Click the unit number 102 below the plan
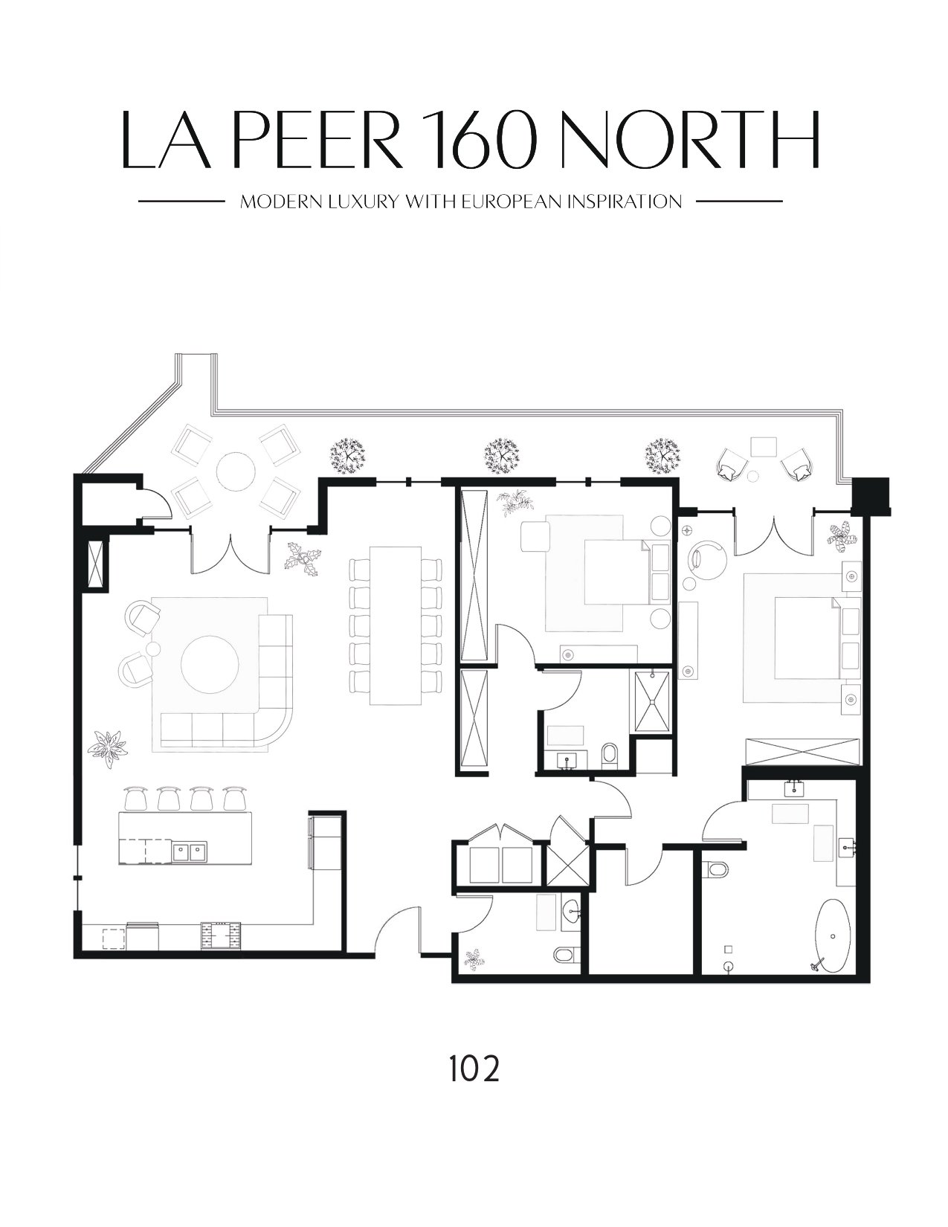pos(474,1069)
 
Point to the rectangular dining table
pos(396,625)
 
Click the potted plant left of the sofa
pos(108,747)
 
